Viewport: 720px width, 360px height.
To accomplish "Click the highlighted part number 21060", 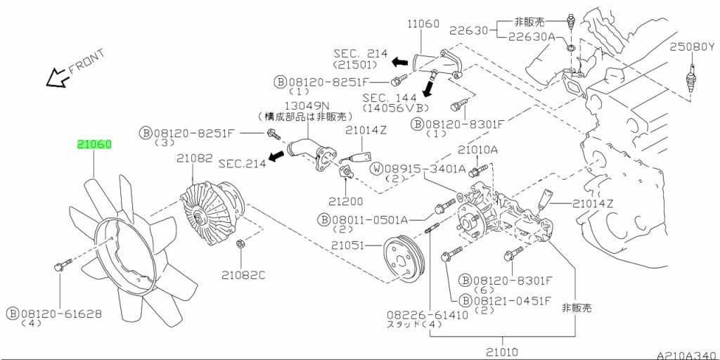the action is tap(94, 145).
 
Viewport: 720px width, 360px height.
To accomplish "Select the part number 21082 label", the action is tap(195, 159).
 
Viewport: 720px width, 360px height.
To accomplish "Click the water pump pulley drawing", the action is tap(404, 259).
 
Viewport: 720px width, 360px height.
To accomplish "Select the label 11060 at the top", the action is tap(423, 23).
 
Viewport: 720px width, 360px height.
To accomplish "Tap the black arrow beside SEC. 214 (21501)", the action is tap(399, 62).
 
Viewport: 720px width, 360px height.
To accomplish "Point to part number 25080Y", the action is tap(692, 46).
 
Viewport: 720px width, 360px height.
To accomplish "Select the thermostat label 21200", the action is tap(345, 201).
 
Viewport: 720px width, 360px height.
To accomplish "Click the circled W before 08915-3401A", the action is tap(377, 169).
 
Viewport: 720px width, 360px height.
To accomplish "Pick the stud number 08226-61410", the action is tap(427, 315).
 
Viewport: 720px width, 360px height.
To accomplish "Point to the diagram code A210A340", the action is tap(687, 355).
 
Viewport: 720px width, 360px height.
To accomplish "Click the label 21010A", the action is tap(477, 150).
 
